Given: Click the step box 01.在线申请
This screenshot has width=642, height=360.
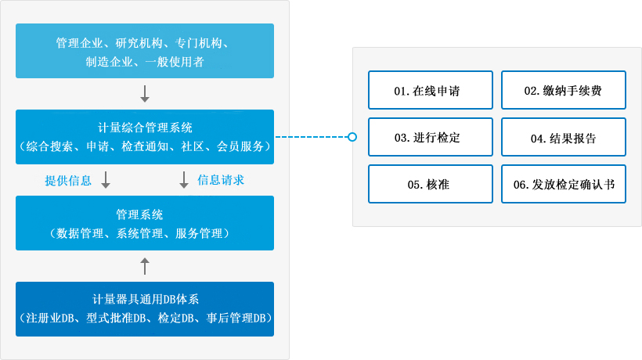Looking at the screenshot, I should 430,91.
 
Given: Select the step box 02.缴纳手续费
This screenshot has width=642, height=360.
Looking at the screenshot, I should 563,91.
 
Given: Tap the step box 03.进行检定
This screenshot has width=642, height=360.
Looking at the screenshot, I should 430,138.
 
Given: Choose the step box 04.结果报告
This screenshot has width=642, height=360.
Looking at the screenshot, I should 563,138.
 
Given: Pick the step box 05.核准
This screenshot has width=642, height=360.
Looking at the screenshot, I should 430,185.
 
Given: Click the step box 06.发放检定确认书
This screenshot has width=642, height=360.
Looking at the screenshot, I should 563,185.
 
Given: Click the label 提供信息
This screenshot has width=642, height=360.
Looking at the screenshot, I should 68,180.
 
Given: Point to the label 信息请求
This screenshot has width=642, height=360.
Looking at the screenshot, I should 221,180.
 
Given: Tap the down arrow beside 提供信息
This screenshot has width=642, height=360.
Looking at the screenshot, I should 106,180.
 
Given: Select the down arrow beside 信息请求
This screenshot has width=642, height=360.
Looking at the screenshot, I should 184,180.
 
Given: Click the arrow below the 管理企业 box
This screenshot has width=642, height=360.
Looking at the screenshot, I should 145,94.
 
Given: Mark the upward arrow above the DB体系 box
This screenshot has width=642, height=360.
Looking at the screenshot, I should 145,266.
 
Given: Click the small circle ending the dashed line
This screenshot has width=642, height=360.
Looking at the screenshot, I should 352,137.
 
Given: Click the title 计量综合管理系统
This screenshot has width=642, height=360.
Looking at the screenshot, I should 145,128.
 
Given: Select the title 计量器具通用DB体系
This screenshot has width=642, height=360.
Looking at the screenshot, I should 145,300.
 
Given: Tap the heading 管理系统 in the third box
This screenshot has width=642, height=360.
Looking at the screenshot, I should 145,214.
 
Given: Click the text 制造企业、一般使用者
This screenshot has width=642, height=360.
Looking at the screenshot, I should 145,61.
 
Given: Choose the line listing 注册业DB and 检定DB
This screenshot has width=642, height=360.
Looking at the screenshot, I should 145,319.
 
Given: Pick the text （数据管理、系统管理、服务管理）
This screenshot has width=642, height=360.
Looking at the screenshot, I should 145,232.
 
